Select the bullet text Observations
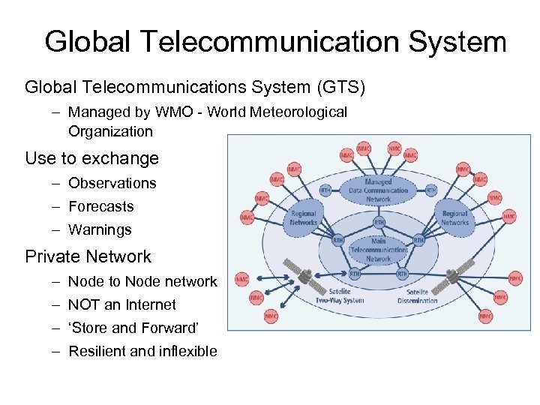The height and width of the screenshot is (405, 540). click(112, 183)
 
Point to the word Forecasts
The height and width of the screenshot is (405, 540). click(100, 206)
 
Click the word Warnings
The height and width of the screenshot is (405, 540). click(100, 229)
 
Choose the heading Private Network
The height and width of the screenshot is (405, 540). click(88, 256)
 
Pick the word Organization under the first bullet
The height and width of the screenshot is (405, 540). click(110, 132)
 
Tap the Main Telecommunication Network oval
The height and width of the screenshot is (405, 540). click(379, 250)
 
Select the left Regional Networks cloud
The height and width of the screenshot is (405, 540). click(304, 217)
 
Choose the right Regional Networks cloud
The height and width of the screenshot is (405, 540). click(454, 217)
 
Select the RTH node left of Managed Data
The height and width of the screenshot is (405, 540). click(326, 190)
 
